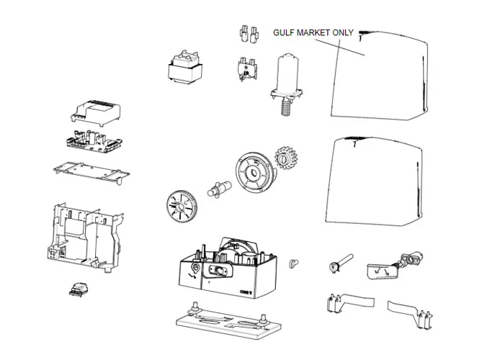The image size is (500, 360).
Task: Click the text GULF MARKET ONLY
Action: (x=313, y=33)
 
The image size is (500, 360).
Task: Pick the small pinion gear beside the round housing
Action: (x=286, y=158)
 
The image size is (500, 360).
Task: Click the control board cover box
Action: (x=94, y=111)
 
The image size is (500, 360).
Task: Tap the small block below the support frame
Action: (x=74, y=289)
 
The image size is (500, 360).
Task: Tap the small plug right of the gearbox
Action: (x=293, y=263)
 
